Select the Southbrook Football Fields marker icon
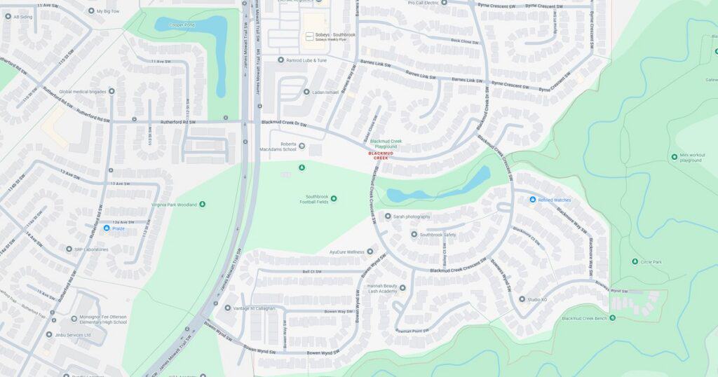(334, 199)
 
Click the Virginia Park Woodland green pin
(203, 205)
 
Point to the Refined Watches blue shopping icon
(533, 200)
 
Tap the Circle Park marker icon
(635, 261)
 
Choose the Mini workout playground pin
(674, 157)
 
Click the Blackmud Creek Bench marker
(612, 317)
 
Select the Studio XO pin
(522, 299)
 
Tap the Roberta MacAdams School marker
(302, 146)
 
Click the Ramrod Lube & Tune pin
(280, 60)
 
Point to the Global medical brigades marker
(111, 91)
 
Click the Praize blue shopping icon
(107, 228)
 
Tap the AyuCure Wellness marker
(370, 251)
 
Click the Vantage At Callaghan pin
(227, 308)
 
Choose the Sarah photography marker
(388, 217)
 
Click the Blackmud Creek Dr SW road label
(285, 122)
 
